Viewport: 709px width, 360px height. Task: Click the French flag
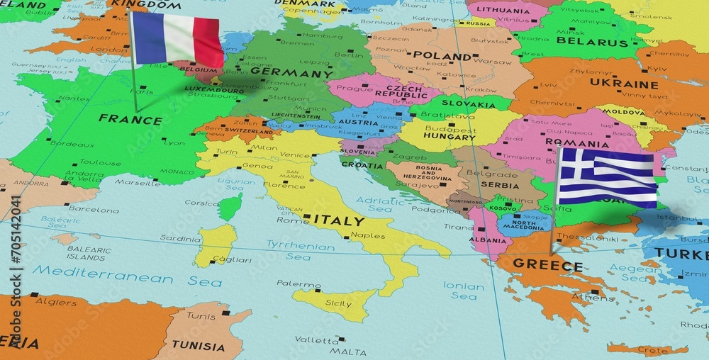point(178,39)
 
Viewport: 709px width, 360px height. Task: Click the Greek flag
point(607,177)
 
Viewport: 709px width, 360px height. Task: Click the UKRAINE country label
point(615,84)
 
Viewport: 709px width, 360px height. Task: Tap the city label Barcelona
point(94,210)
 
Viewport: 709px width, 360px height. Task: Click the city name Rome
point(292,220)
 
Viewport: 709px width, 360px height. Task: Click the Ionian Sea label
point(464,291)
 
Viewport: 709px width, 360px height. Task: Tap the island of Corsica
point(229,207)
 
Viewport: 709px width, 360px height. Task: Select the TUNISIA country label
point(199,347)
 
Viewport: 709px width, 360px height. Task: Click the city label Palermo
point(298,283)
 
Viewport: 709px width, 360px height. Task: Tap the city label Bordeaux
point(72,144)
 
